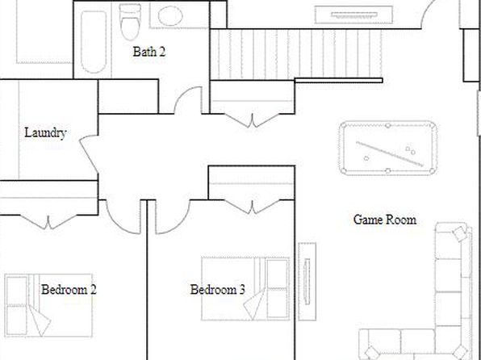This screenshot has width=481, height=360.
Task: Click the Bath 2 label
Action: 149,52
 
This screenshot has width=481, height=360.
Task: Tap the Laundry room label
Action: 45,133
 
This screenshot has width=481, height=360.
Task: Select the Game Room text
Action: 385,220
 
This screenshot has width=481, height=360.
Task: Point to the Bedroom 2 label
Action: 69,290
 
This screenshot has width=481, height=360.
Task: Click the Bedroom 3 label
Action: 217,290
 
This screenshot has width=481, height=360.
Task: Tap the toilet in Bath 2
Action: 131,22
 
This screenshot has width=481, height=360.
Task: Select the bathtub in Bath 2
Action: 94,42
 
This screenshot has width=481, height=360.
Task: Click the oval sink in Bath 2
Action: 170,16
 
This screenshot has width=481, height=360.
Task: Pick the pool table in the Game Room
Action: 388,148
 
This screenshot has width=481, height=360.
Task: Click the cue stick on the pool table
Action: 390,154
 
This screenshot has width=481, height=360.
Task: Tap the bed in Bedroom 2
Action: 48,305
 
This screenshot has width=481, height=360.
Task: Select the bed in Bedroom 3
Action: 245,289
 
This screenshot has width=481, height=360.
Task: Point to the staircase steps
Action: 296,54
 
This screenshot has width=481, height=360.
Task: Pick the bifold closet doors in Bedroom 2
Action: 48,222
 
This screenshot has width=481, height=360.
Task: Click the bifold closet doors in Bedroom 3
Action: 252,207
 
